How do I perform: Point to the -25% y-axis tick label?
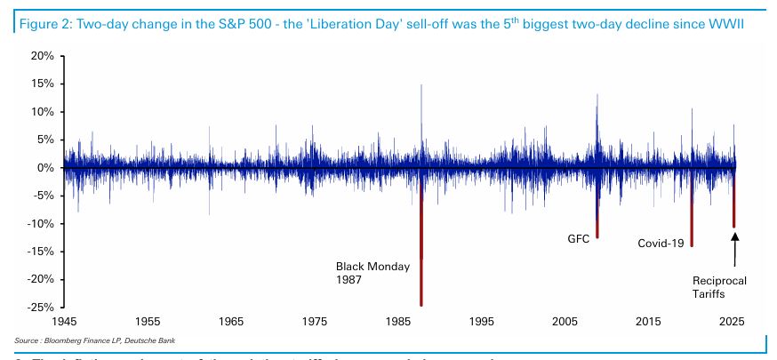[40, 308]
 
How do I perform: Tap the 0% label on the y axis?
[46, 168]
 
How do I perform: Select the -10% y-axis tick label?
[40, 224]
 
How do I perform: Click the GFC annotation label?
[579, 238]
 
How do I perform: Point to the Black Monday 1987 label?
[373, 272]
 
